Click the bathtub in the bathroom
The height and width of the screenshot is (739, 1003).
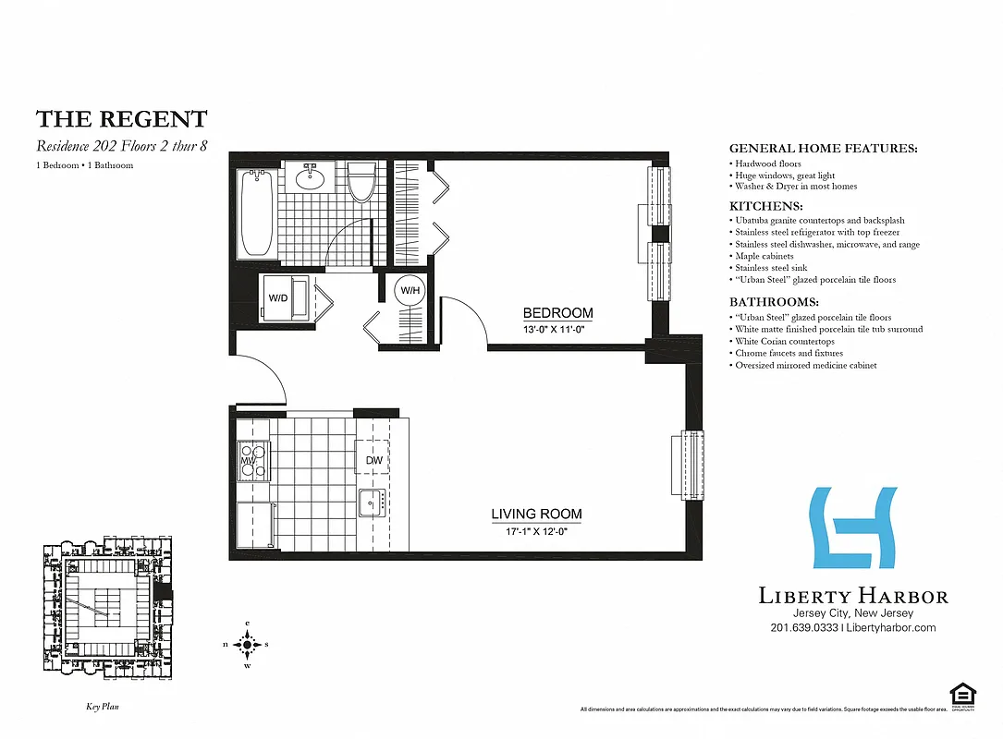click(x=257, y=213)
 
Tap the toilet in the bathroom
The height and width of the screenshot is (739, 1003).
click(x=361, y=182)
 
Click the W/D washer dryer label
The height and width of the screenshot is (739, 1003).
click(x=278, y=298)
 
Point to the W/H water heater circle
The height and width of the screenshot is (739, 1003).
click(x=408, y=290)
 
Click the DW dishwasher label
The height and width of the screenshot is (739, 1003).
click(x=373, y=460)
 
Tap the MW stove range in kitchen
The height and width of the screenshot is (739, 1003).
click(x=252, y=459)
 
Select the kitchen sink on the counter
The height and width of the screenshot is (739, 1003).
click(x=373, y=502)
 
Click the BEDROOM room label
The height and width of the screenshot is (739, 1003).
click(x=557, y=312)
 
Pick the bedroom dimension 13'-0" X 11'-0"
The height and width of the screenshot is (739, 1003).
click(x=555, y=329)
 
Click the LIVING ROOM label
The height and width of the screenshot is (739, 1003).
click(x=536, y=514)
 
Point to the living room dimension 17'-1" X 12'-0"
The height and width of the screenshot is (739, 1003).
click(x=535, y=530)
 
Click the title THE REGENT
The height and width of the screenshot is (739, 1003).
click(x=121, y=119)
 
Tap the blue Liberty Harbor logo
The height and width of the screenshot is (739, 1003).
click(x=852, y=527)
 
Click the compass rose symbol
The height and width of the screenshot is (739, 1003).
click(x=247, y=645)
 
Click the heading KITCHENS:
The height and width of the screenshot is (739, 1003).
click(x=765, y=206)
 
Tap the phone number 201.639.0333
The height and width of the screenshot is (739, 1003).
click(x=803, y=627)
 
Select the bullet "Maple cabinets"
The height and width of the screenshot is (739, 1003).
click(x=764, y=256)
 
